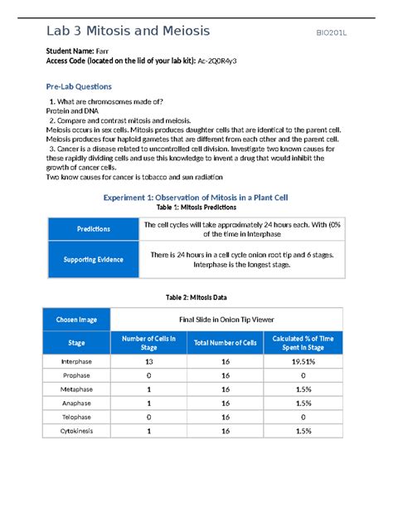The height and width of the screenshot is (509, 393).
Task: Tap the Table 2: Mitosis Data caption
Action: click(196, 296)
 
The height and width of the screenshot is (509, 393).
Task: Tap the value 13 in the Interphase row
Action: click(148, 363)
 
